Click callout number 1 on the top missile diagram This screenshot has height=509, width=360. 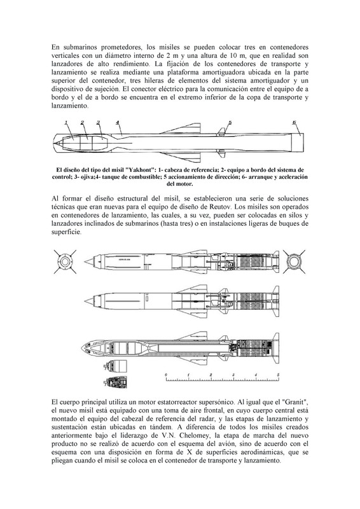(66, 123)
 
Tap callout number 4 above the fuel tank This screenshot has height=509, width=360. (117, 123)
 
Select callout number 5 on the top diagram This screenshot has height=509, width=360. (230, 123)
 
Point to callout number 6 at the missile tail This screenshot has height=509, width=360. (294, 122)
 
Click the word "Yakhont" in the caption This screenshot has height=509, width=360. (140, 170)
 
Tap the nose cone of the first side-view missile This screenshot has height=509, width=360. (89, 261)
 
